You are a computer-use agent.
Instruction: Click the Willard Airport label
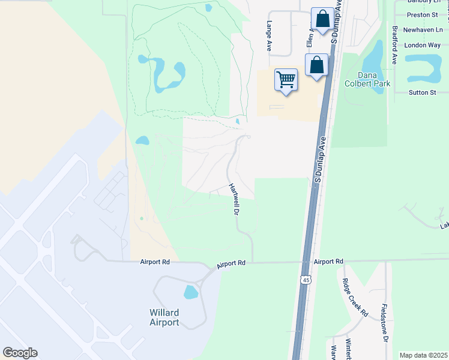[164, 317]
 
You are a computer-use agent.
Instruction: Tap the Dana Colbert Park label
[374, 79]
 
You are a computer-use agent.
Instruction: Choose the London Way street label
[422, 45]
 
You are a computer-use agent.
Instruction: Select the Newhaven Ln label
[422, 29]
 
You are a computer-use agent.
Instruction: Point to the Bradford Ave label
[394, 45]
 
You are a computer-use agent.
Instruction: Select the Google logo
[20, 353]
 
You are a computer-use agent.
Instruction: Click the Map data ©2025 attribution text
[423, 355]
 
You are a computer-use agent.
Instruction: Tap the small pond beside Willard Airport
[190, 292]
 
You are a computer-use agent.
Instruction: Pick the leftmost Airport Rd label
[155, 262]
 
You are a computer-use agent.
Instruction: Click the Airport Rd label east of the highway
[328, 262]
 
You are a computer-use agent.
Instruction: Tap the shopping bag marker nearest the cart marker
[316, 64]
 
